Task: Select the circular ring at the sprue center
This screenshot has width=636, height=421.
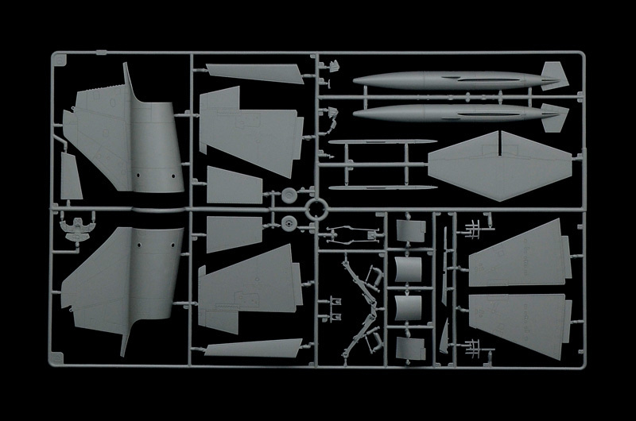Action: (316, 211)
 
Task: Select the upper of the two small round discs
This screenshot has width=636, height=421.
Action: (287, 197)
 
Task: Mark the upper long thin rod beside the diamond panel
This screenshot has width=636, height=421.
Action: (382, 144)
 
